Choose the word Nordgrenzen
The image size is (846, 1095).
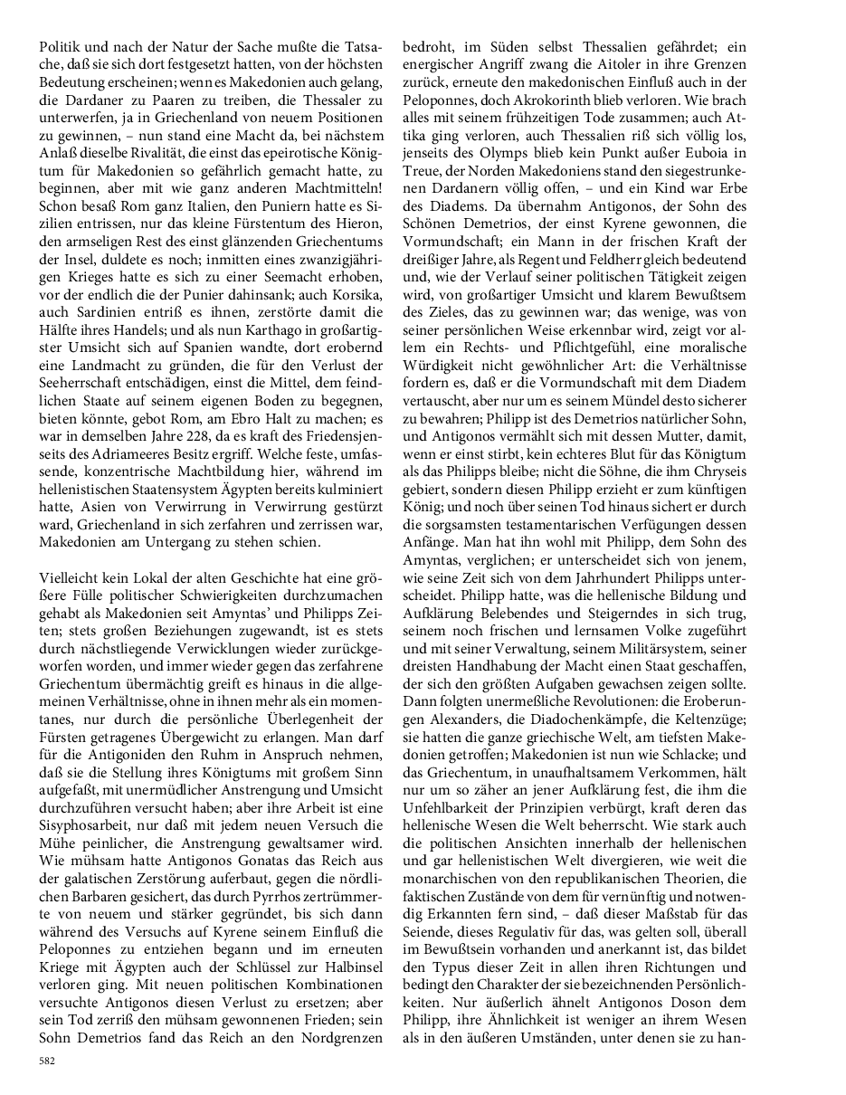336,1042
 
